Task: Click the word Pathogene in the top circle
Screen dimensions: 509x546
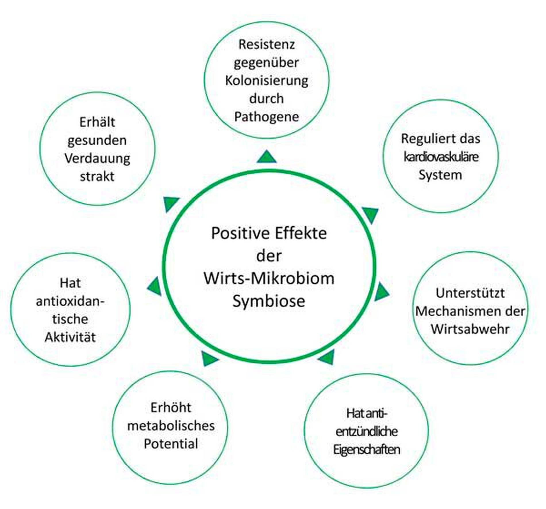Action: [x=266, y=117]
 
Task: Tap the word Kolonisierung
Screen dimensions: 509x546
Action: [x=266, y=81]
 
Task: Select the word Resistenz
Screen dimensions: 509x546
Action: [x=266, y=44]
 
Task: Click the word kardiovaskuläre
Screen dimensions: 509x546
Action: [x=441, y=157]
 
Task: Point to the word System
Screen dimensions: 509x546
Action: [x=440, y=175]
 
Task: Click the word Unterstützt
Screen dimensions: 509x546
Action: [x=470, y=293]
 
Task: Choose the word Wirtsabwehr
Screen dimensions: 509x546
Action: [x=470, y=329]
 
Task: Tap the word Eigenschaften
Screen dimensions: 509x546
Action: [x=366, y=450]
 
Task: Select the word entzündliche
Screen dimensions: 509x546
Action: [x=366, y=431]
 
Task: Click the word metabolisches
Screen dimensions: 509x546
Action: [x=171, y=426]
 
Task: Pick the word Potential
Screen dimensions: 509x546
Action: [x=171, y=444]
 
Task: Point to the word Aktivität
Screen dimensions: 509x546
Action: [x=70, y=337]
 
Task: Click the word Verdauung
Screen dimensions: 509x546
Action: [x=97, y=158]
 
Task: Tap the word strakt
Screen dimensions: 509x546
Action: [x=97, y=176]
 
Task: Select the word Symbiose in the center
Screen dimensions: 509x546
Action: [x=269, y=301]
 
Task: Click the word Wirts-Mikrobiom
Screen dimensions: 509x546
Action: [x=269, y=278]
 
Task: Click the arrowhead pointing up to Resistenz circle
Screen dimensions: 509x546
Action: [x=267, y=157]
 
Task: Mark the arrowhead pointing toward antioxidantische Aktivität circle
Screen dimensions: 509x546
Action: [x=155, y=286]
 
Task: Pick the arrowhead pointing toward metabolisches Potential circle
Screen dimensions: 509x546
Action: [x=209, y=358]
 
